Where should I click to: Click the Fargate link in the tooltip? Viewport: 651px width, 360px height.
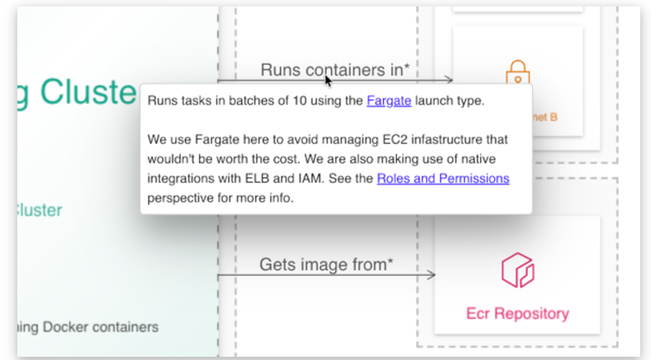tap(389, 101)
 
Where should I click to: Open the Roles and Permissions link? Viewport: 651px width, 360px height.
tap(443, 178)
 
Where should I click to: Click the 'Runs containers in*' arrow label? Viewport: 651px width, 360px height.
tap(335, 70)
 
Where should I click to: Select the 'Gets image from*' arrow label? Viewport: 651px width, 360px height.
tap(326, 264)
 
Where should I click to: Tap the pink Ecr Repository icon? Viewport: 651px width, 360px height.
tap(518, 270)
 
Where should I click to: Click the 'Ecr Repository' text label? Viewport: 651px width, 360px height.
tap(517, 314)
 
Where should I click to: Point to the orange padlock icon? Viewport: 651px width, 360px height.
tap(518, 74)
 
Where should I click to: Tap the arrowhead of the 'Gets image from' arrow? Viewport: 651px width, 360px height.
tap(431, 275)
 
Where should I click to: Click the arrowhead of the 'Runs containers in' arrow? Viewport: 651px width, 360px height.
tap(448, 80)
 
